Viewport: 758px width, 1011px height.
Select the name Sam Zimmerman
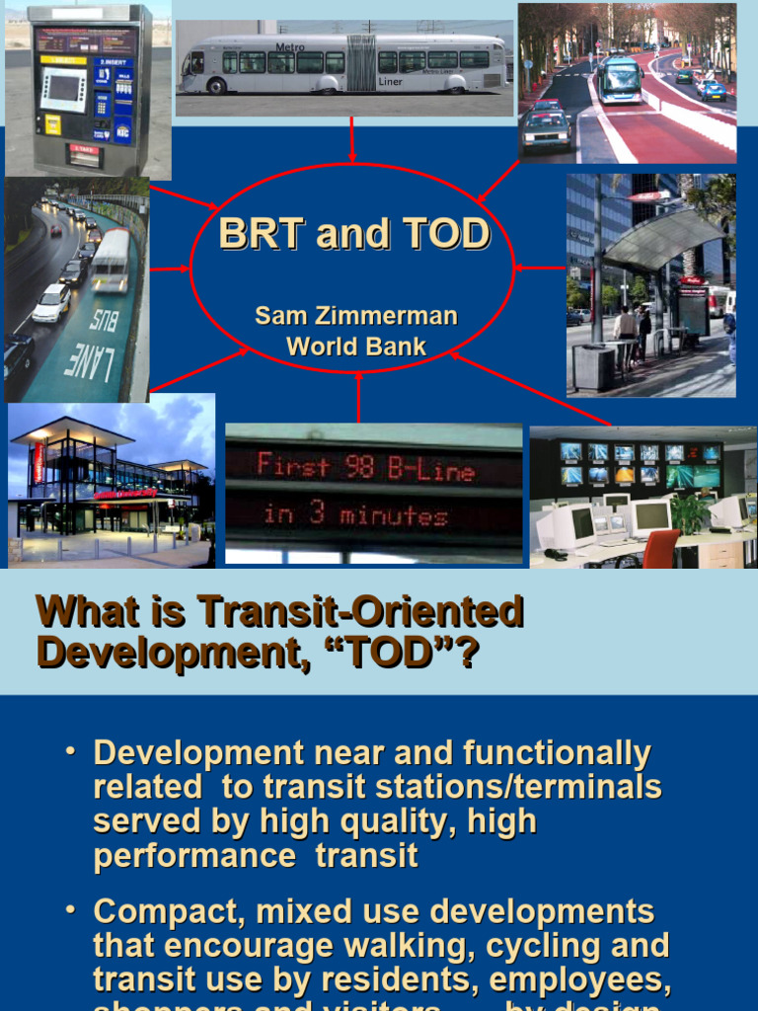click(356, 316)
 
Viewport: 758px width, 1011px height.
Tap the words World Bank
click(356, 347)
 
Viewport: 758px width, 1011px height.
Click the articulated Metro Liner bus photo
click(342, 63)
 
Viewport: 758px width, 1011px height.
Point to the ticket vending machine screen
click(62, 89)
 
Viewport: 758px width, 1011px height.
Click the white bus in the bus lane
click(111, 261)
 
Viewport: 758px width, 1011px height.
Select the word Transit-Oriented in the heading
click(359, 612)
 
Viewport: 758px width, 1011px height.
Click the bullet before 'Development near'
click(70, 752)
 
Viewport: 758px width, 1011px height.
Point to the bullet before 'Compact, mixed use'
click(70, 911)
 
